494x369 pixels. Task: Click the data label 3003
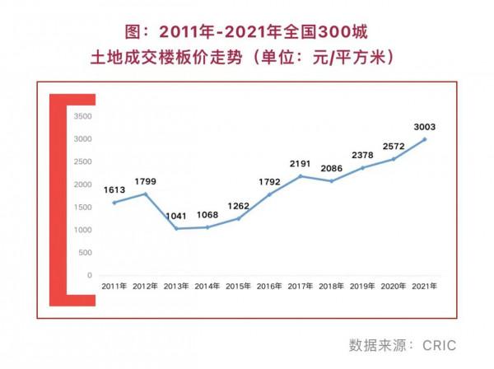click(x=425, y=127)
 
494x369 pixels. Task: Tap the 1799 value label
click(x=147, y=181)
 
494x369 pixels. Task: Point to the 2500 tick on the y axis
click(x=84, y=161)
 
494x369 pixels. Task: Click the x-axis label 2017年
click(x=300, y=285)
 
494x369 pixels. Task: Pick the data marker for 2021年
click(x=425, y=139)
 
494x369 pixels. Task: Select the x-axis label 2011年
click(x=115, y=285)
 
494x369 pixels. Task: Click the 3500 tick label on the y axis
click(x=84, y=116)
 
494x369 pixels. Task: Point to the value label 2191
click(x=301, y=163)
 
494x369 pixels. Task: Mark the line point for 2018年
click(x=331, y=180)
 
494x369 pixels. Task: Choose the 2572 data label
click(x=394, y=146)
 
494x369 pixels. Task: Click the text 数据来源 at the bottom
click(x=375, y=344)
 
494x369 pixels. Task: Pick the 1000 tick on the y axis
click(x=84, y=230)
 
